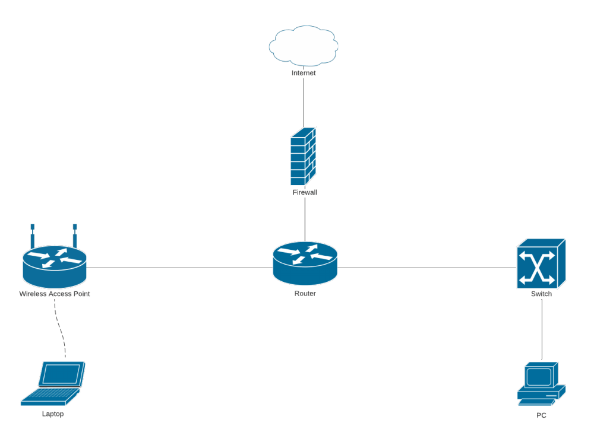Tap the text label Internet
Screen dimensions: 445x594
click(x=304, y=73)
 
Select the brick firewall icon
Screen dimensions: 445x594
click(x=304, y=157)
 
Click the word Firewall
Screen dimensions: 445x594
click(x=305, y=192)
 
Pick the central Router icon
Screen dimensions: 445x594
click(x=305, y=263)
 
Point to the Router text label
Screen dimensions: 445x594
click(x=305, y=293)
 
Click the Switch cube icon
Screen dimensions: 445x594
click(x=541, y=263)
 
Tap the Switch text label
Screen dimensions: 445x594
click(x=541, y=294)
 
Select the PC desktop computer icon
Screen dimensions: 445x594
click(x=541, y=383)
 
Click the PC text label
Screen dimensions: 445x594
click(x=541, y=415)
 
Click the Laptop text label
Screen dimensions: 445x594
click(x=53, y=414)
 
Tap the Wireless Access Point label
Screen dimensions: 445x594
click(x=55, y=294)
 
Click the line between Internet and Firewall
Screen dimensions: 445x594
click(x=304, y=102)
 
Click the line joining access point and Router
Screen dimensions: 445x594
click(x=178, y=268)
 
